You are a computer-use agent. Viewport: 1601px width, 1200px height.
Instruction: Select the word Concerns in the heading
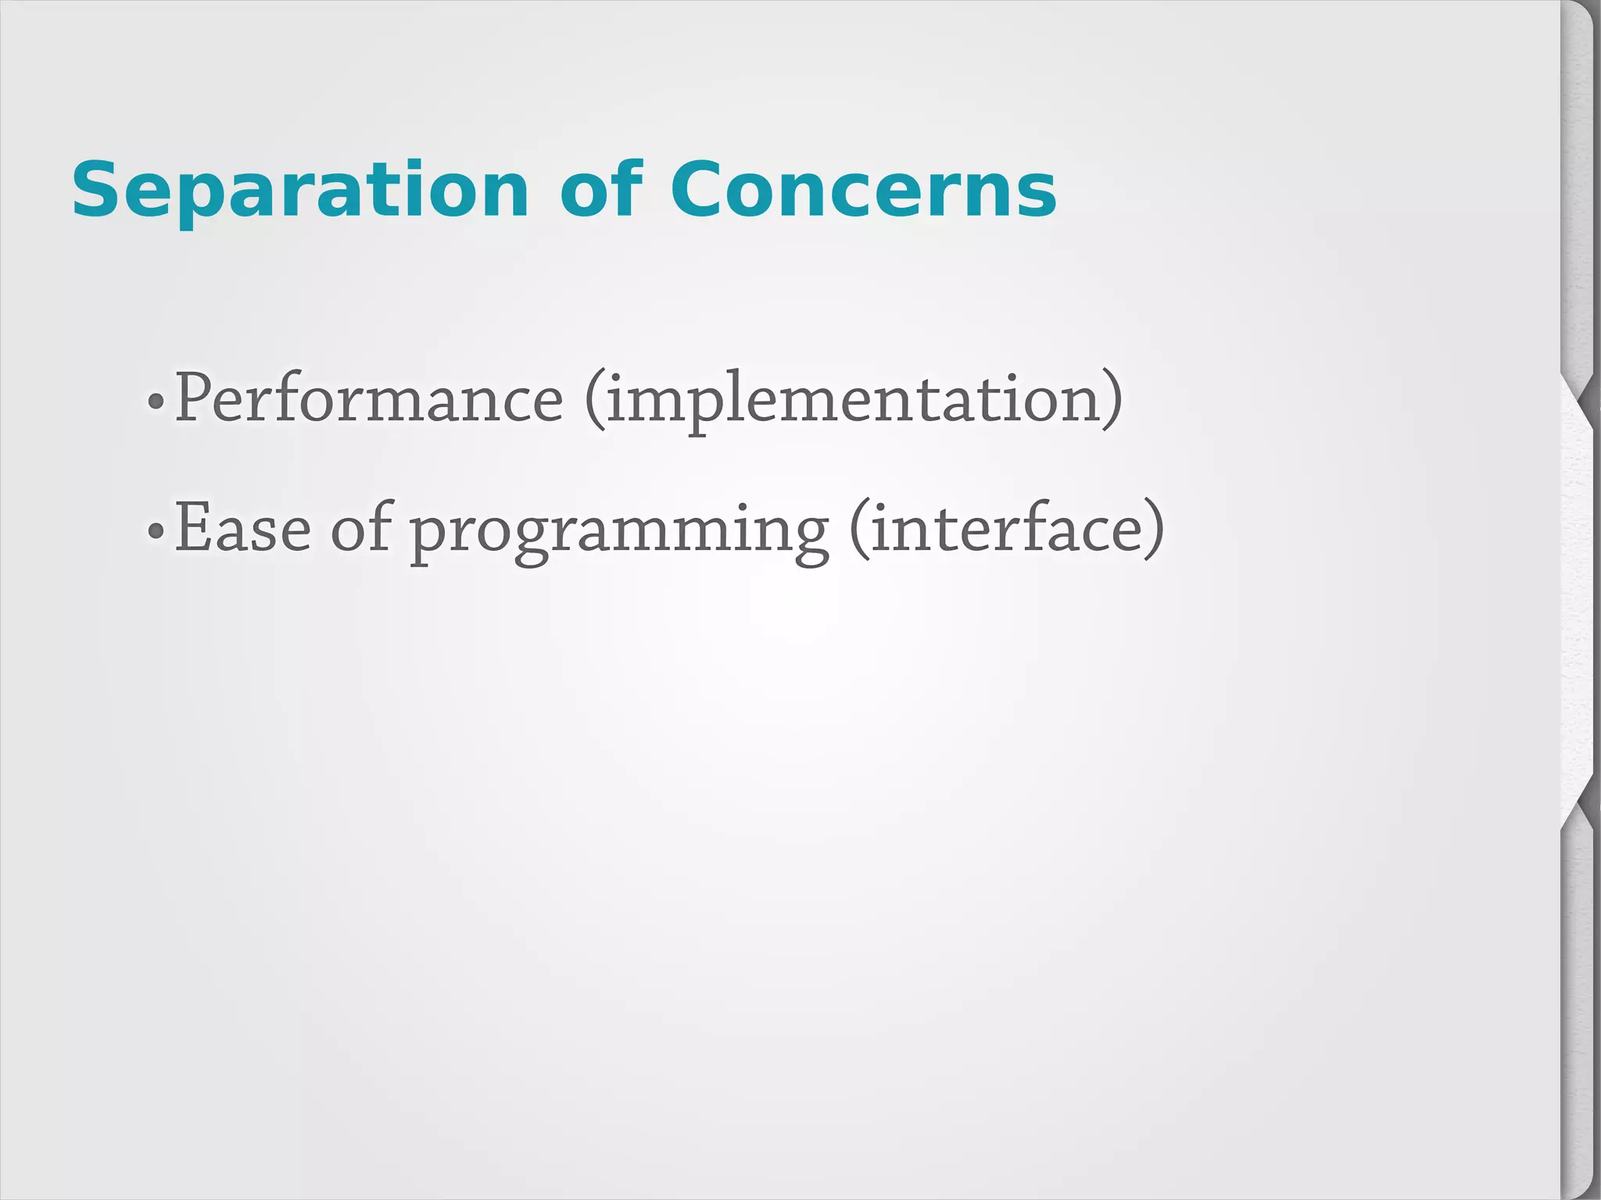863,191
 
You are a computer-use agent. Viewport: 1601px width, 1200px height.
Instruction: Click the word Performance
368,398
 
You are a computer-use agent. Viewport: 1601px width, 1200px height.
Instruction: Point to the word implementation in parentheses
854,400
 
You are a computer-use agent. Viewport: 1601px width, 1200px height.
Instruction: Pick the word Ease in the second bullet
242,529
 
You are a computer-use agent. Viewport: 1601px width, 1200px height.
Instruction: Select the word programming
619,531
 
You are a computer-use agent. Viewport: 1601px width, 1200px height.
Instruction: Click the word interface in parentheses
1006,529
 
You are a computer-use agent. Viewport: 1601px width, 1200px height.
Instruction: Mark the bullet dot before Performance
156,402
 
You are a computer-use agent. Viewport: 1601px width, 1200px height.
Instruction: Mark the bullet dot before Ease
156,532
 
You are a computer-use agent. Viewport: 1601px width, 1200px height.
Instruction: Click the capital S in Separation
97,191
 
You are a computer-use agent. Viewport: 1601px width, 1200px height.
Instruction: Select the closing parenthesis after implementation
1113,400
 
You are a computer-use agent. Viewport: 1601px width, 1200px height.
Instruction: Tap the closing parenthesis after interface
1155,530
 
